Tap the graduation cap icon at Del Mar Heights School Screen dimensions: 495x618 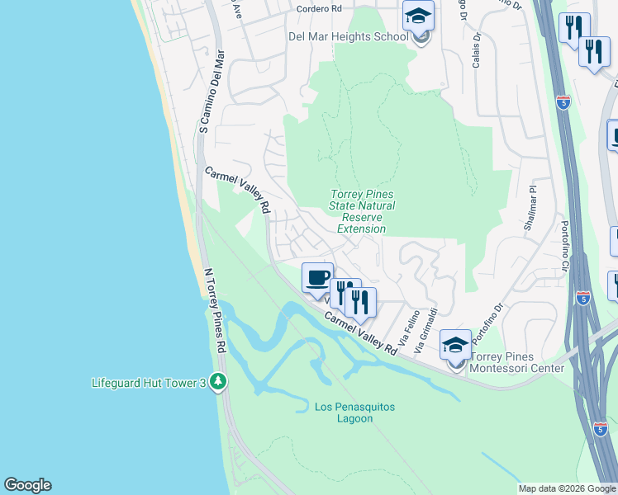[419, 16]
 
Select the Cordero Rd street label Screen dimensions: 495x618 [319, 8]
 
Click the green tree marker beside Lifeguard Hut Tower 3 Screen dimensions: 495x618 [218, 381]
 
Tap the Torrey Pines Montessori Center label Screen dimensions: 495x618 [516, 363]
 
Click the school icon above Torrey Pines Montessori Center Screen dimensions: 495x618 [455, 344]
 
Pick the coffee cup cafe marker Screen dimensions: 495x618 [318, 276]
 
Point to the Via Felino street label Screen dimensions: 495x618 [407, 328]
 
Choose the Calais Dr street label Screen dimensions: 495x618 [477, 50]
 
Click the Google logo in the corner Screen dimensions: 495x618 [28, 485]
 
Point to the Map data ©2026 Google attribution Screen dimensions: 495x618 [567, 488]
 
